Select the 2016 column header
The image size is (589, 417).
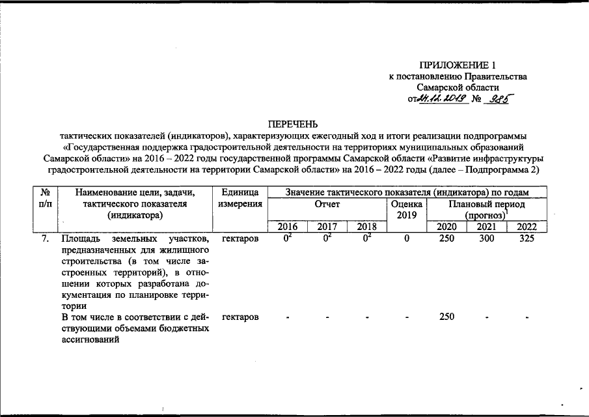click(288, 227)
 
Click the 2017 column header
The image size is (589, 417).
click(327, 227)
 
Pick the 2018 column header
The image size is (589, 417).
click(367, 227)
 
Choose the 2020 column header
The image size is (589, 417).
click(446, 227)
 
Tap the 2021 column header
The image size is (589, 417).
click(486, 227)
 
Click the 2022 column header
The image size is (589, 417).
click(526, 227)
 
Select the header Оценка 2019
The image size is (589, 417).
click(406, 209)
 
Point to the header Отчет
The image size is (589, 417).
click(327, 204)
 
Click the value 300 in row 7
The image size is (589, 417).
click(486, 239)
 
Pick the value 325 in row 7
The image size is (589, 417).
click(526, 239)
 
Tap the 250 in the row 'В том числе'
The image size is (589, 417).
click(446, 317)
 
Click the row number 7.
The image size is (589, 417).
click(45, 239)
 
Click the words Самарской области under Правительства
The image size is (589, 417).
click(458, 87)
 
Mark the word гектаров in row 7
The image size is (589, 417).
click(240, 239)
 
